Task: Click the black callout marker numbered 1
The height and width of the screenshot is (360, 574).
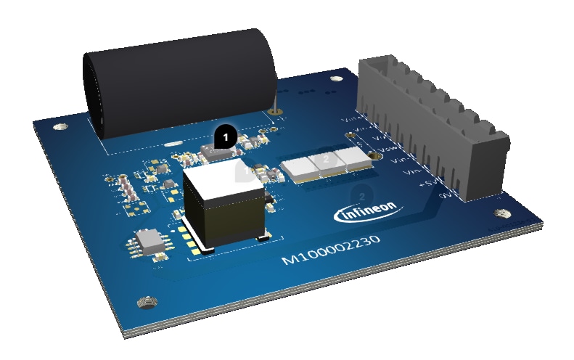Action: tap(226, 135)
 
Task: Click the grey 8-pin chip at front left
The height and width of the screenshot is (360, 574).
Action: tap(153, 240)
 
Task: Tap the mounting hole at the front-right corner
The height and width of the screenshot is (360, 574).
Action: tap(500, 214)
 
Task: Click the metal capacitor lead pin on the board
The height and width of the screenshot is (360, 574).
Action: tap(274, 111)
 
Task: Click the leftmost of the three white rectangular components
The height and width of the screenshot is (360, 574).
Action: tap(298, 168)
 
